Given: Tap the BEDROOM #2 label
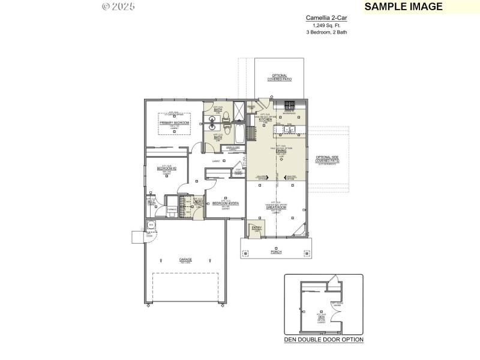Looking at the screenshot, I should (x=166, y=169).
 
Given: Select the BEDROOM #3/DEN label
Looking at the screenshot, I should (x=226, y=203).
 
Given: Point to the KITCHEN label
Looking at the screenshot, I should (x=266, y=119).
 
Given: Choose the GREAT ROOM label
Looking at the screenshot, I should (x=278, y=207).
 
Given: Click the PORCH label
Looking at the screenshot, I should (x=276, y=253).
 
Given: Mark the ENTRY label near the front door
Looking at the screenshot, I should (x=257, y=228).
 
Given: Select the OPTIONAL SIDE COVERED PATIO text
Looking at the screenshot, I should (x=328, y=159).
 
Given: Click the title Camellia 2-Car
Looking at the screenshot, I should (x=326, y=18).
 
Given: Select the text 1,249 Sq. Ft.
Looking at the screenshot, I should (x=326, y=25).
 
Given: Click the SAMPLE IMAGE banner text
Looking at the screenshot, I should (x=403, y=7).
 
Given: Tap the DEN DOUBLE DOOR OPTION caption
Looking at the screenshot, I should (x=323, y=340).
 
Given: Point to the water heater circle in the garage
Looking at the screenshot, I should (x=151, y=225).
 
